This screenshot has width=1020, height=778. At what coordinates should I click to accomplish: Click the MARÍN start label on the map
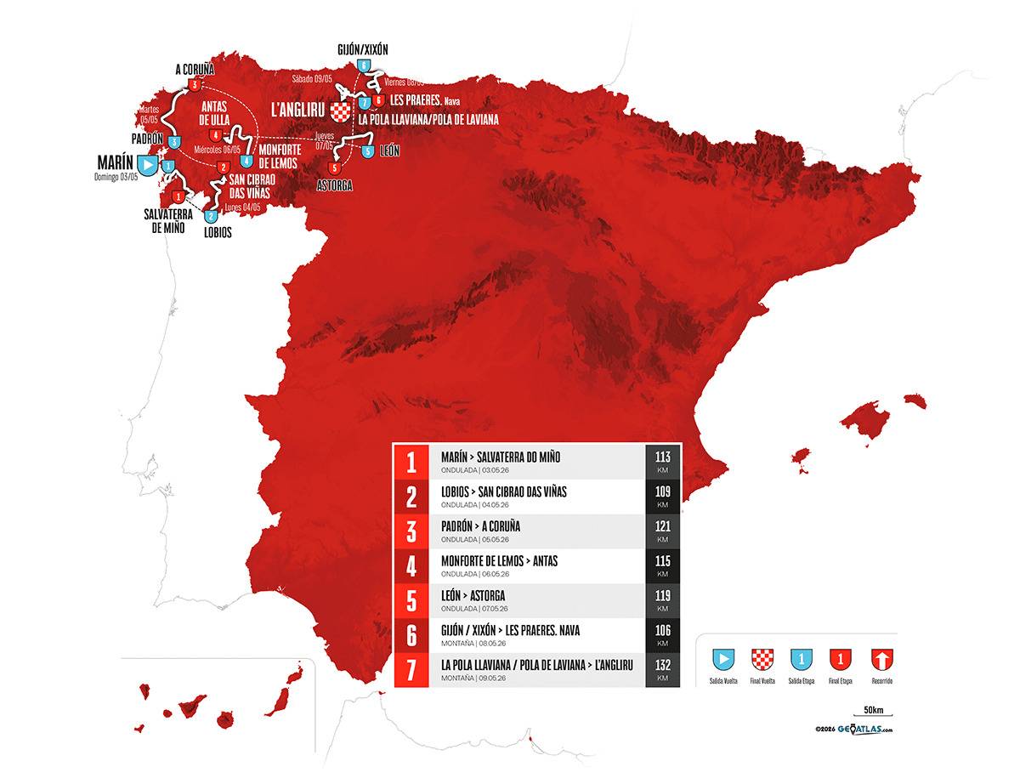point(116,162)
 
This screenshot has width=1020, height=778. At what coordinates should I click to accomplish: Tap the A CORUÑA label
point(195,69)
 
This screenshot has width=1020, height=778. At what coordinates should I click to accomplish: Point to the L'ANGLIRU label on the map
point(297,110)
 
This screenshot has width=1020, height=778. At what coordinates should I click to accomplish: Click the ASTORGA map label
point(335,184)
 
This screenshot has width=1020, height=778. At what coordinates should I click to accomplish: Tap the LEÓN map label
point(389,151)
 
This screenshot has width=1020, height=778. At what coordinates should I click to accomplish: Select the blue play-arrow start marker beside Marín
point(147,164)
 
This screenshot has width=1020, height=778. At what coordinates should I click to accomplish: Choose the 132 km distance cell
point(664,669)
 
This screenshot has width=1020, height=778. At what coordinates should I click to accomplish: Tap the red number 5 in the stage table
point(411,601)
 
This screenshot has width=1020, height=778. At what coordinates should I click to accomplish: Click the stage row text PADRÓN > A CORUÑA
point(481,526)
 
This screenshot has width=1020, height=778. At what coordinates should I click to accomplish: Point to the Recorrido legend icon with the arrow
point(880,658)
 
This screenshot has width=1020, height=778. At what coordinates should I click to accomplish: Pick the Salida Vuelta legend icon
point(722,658)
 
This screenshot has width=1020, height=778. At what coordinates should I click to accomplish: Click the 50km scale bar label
point(872,709)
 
